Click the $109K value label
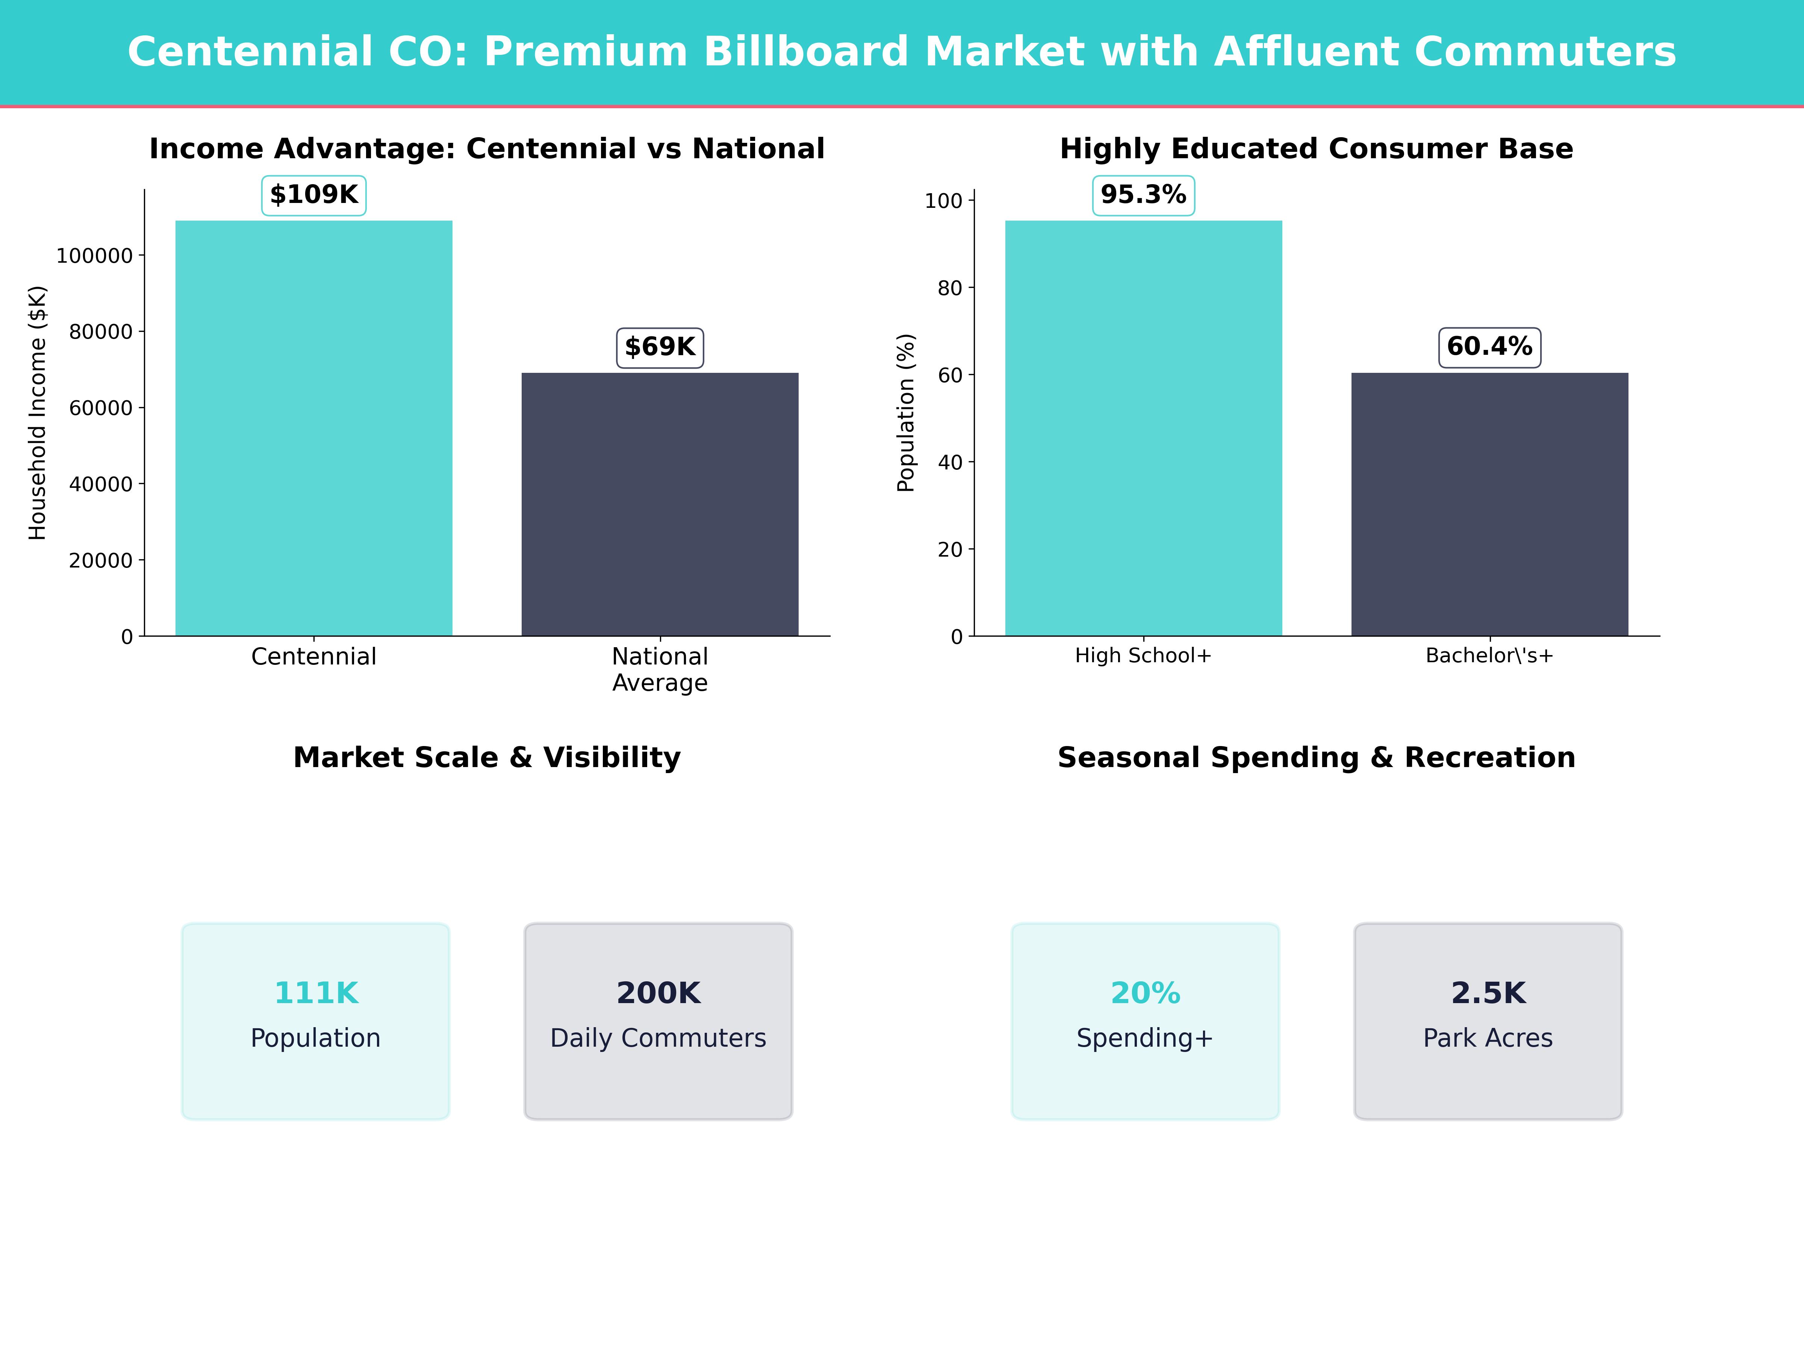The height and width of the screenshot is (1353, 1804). pyautogui.click(x=314, y=195)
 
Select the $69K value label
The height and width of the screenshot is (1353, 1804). pyautogui.click(x=660, y=347)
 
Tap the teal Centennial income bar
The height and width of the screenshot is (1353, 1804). pyautogui.click(x=314, y=428)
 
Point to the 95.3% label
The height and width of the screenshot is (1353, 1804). pyautogui.click(x=1143, y=195)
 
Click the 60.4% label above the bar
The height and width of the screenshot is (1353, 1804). pyautogui.click(x=1489, y=347)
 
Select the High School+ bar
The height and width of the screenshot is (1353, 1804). pyautogui.click(x=1143, y=428)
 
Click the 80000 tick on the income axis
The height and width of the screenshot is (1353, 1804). pyautogui.click(x=100, y=332)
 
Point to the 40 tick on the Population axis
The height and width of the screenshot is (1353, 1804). pyautogui.click(x=950, y=462)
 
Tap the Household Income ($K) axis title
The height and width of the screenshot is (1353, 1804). pyautogui.click(x=38, y=413)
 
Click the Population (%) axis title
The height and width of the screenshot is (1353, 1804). pyautogui.click(x=906, y=413)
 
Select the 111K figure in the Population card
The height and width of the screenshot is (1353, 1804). pyautogui.click(x=316, y=993)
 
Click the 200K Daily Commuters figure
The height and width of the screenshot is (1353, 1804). pyautogui.click(x=658, y=993)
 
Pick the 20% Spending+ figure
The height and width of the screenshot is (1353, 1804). pyautogui.click(x=1145, y=993)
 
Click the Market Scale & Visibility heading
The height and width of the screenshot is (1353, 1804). pyautogui.click(x=487, y=758)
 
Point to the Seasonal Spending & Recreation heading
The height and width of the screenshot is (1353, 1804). pyautogui.click(x=1316, y=758)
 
